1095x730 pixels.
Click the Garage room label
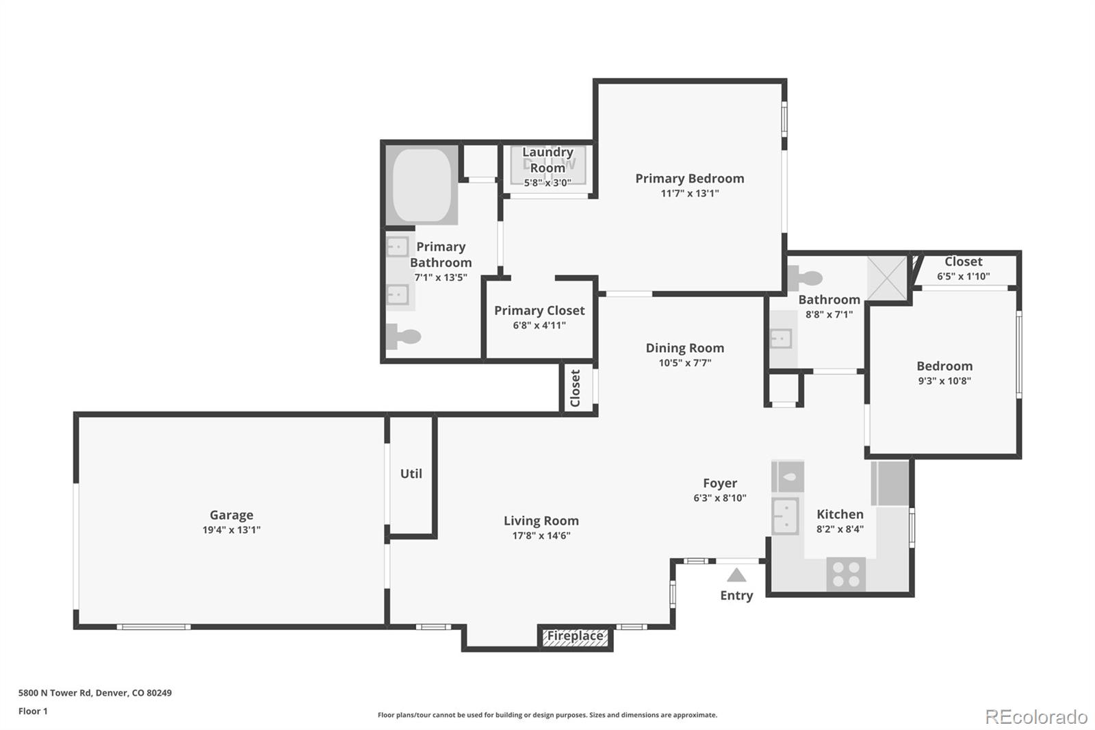[231, 515]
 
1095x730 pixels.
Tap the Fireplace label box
[575, 636]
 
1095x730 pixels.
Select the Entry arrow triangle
[736, 575]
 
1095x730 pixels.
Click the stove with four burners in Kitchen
[846, 574]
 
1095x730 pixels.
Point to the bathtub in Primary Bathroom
[422, 185]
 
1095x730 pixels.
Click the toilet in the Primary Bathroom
[403, 336]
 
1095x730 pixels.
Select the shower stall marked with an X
[887, 277]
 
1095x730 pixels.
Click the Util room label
[411, 473]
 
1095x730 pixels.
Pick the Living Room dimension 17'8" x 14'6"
[541, 536]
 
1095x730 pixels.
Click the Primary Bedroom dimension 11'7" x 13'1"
[689, 193]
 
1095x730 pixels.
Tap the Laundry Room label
[547, 160]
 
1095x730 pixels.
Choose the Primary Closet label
[539, 310]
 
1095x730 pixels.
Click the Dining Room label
[684, 348]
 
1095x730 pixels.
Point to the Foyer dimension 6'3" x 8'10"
[719, 498]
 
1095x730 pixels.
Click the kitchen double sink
[785, 516]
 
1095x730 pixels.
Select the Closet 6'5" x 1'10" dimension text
[963, 276]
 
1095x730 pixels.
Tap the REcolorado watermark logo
[1035, 716]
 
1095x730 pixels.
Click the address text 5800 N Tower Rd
[94, 692]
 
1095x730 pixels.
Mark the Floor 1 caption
[33, 711]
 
